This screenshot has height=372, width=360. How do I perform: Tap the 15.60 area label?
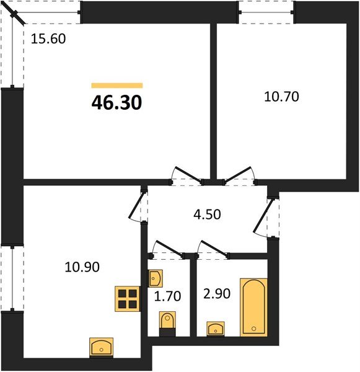click(x=48, y=38)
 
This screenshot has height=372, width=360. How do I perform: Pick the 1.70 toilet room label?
click(x=167, y=296)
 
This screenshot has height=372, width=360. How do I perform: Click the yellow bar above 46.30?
click(x=116, y=86)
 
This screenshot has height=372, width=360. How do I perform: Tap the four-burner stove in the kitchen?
click(x=128, y=299)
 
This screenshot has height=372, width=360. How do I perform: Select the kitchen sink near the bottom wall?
click(x=101, y=347)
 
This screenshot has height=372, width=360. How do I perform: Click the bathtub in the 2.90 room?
click(x=255, y=306)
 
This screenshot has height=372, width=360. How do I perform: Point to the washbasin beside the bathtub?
click(x=215, y=327)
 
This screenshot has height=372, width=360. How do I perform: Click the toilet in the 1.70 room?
click(x=167, y=323)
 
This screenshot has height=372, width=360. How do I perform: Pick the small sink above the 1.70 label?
click(x=155, y=278)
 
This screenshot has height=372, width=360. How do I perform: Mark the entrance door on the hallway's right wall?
click(x=266, y=217)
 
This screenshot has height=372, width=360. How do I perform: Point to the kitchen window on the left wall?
click(x=11, y=278)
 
